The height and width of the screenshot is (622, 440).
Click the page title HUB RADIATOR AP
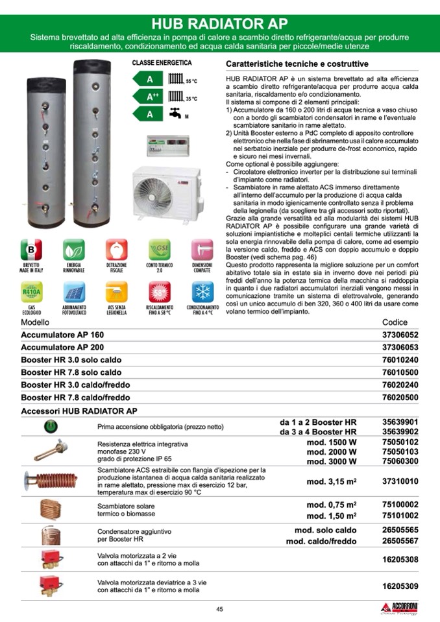[x=220, y=25]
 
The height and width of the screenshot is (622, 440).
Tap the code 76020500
[x=400, y=397]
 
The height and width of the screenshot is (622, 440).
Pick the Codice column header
[x=395, y=322]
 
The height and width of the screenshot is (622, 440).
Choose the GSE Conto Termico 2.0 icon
[x=159, y=250]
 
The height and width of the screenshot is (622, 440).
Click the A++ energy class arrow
[x=151, y=97]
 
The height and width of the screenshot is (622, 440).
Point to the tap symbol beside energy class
[x=175, y=114]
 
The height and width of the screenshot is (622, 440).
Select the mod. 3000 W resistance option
[x=332, y=461]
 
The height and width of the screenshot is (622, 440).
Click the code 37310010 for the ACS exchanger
[x=400, y=481]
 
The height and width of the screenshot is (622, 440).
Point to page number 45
[x=220, y=608]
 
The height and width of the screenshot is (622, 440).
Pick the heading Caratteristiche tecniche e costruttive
[x=297, y=64]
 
